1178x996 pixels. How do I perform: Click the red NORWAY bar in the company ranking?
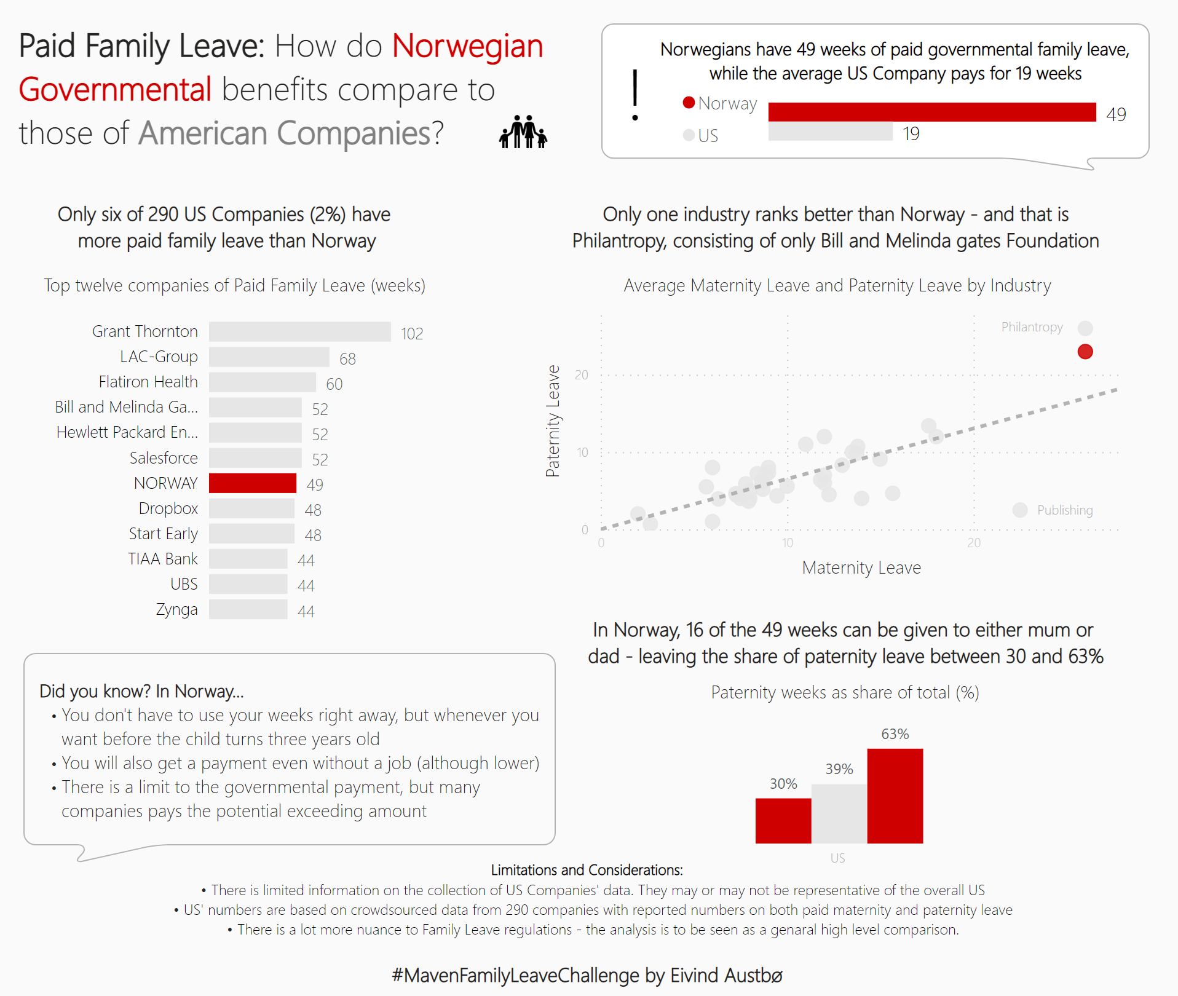253,483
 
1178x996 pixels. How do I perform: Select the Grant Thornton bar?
299,331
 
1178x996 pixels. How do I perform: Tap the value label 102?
412,334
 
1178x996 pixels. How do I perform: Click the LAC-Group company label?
159,357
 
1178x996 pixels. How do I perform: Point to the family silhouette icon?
523,132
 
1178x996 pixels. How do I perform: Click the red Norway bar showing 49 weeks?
931,112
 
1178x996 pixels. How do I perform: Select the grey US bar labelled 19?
830,132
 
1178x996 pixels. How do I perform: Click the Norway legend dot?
689,103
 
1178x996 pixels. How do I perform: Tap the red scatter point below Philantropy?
1085,352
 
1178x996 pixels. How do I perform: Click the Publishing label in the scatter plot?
1065,510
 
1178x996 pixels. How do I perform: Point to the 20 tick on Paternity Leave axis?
582,375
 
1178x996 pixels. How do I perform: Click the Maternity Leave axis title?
861,567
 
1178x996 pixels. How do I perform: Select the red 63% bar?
895,796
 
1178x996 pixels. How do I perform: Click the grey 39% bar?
839,813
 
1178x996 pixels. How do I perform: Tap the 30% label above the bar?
783,784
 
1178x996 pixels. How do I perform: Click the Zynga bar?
248,609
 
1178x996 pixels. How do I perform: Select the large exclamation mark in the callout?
635,95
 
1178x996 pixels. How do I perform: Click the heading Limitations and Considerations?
587,870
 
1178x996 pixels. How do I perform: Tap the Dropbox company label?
168,508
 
